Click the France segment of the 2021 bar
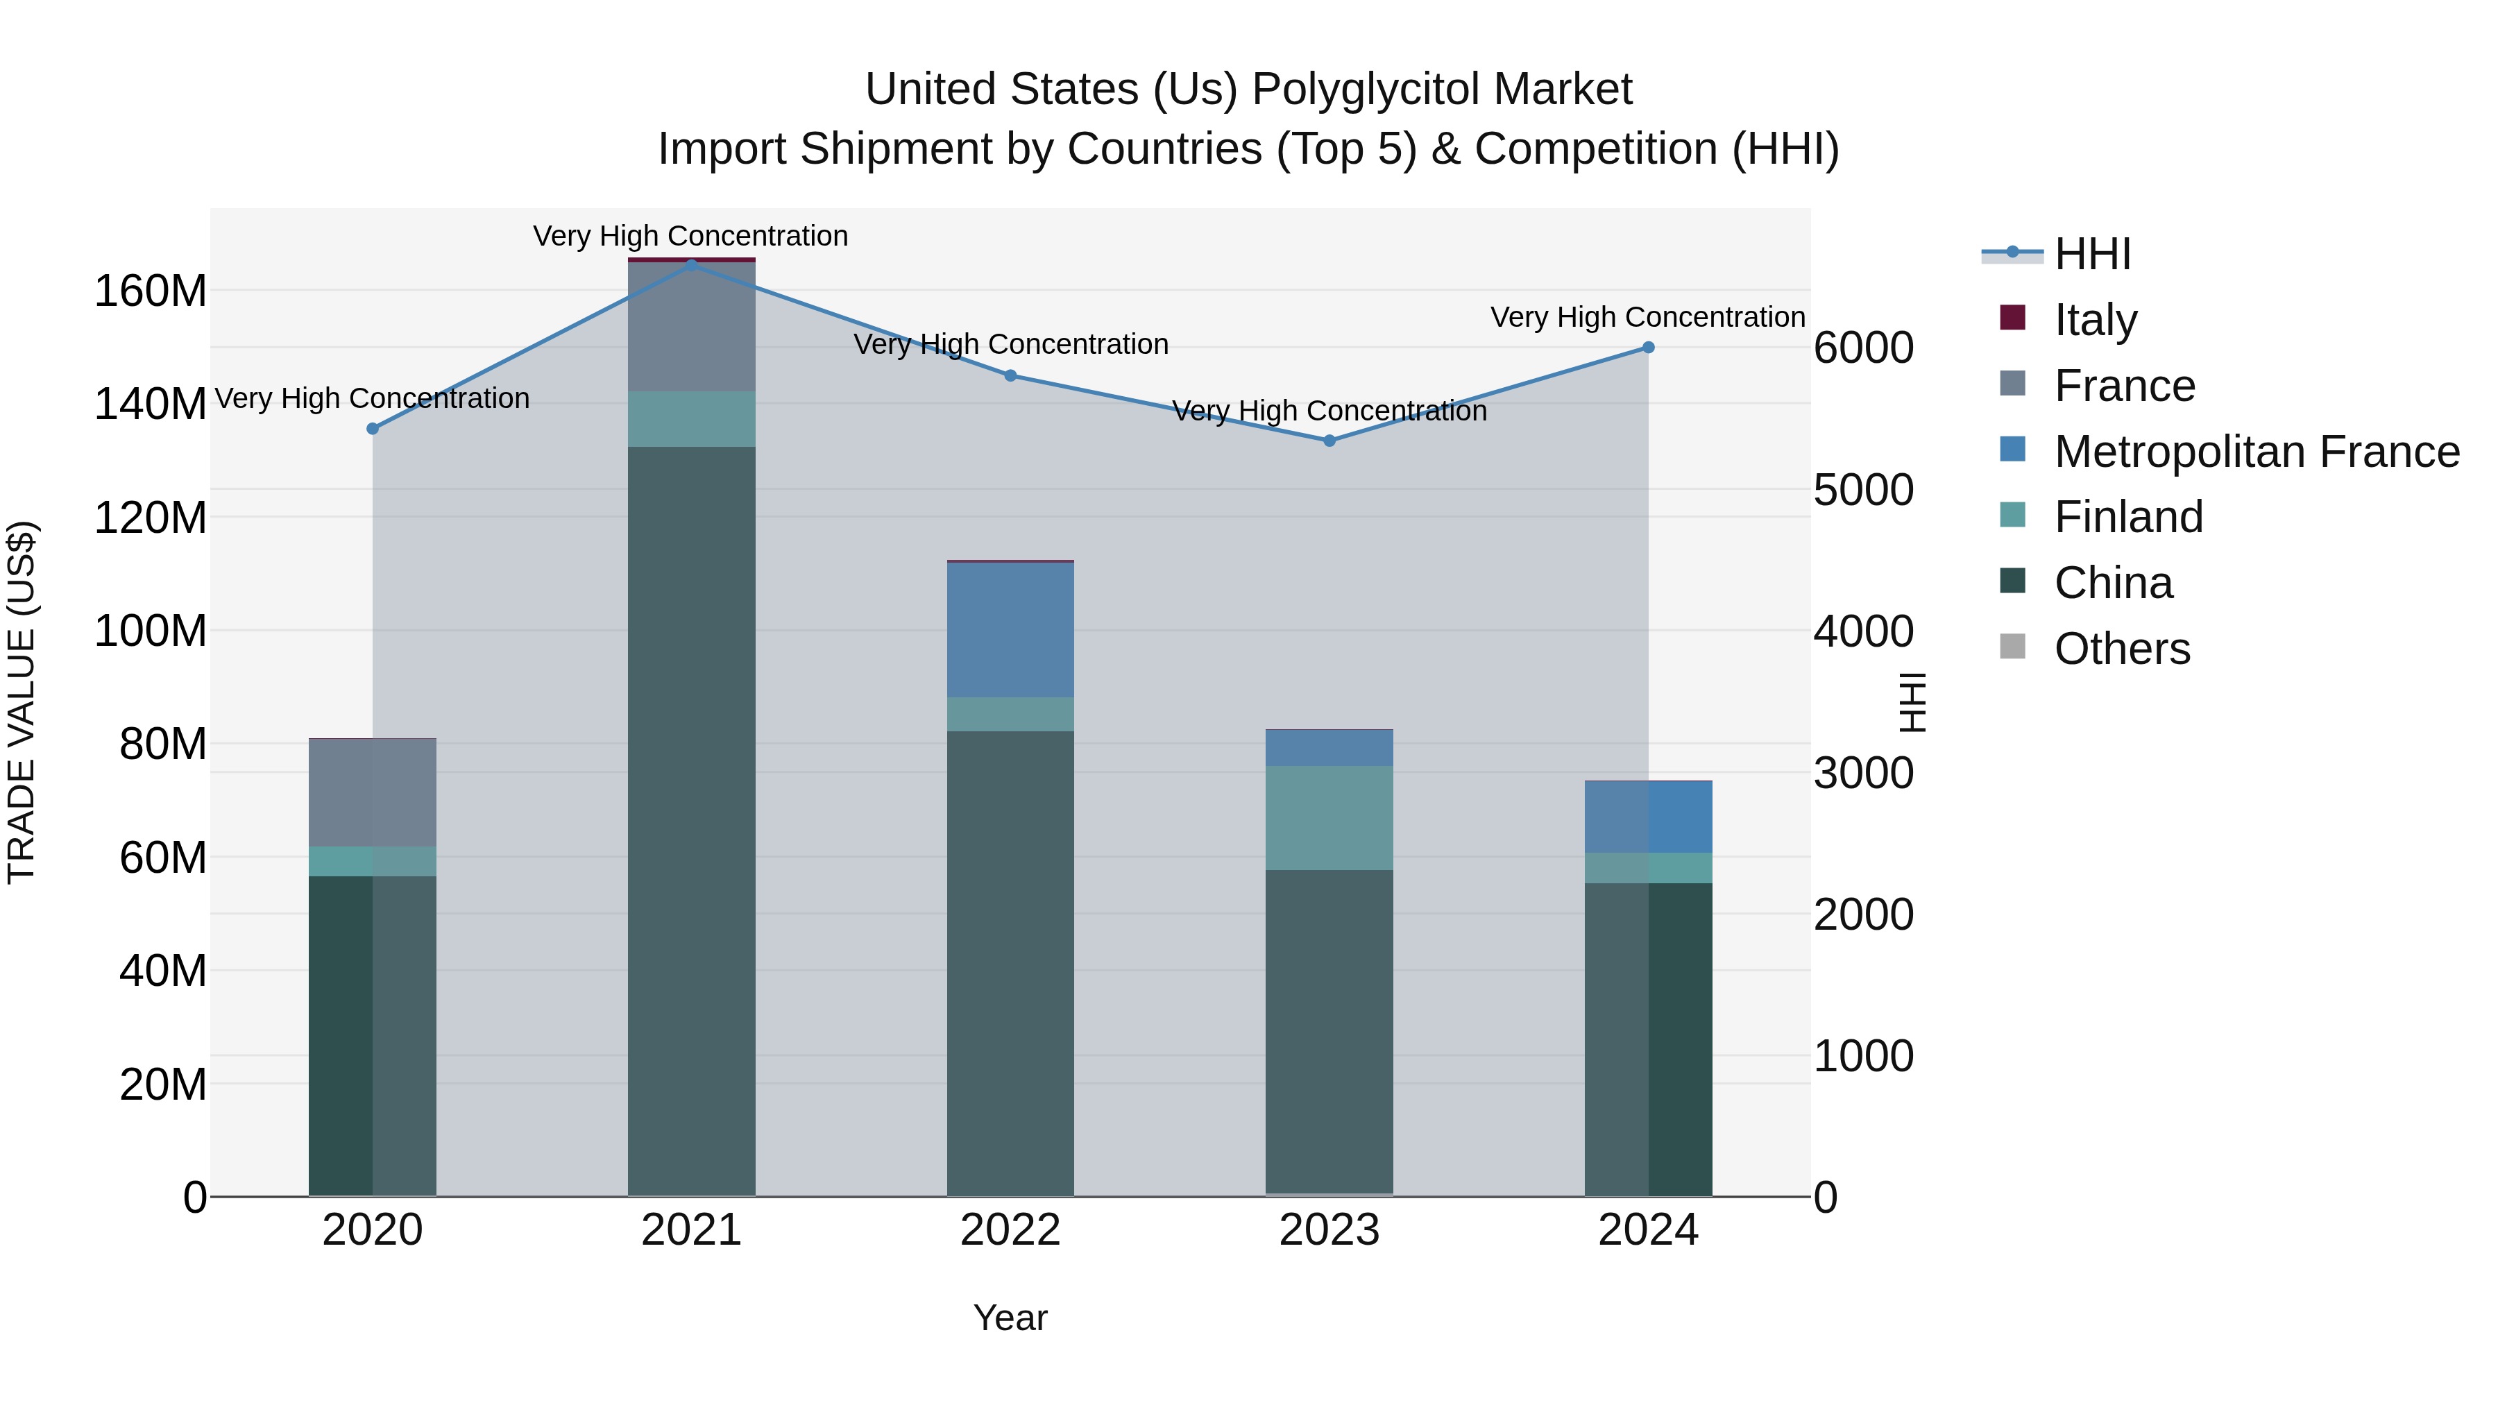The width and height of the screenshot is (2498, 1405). (691, 327)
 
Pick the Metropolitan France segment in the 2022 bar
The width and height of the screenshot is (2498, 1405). (1010, 629)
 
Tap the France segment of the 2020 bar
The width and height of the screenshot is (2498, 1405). (373, 792)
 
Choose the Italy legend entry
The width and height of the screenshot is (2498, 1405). (2095, 319)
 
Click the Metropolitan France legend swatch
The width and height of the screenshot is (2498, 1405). (2013, 450)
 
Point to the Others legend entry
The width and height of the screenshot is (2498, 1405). (2122, 648)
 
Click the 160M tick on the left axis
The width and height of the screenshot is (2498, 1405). (151, 291)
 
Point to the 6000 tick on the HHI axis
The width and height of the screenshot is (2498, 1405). (1863, 348)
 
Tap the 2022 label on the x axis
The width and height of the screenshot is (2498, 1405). (1010, 1229)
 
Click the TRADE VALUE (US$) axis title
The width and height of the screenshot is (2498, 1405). (22, 702)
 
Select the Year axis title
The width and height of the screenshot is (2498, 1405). (1010, 1318)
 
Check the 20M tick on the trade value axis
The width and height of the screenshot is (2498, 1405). (163, 1084)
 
